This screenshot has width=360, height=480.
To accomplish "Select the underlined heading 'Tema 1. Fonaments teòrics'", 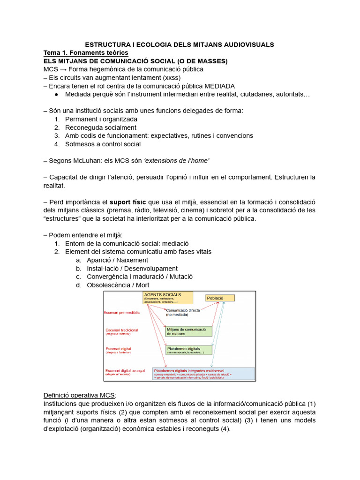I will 85,53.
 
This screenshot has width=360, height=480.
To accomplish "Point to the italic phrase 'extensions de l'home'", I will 179,160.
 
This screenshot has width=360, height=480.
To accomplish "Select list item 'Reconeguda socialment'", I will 101,127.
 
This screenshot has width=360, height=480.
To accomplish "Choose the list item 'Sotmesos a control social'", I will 103,144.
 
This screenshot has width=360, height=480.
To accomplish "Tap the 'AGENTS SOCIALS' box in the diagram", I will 168,298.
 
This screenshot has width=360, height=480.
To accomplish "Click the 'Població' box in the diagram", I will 220,298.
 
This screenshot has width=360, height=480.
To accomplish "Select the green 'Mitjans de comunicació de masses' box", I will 188,331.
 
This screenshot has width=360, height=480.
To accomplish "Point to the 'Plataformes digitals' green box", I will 188,350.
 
